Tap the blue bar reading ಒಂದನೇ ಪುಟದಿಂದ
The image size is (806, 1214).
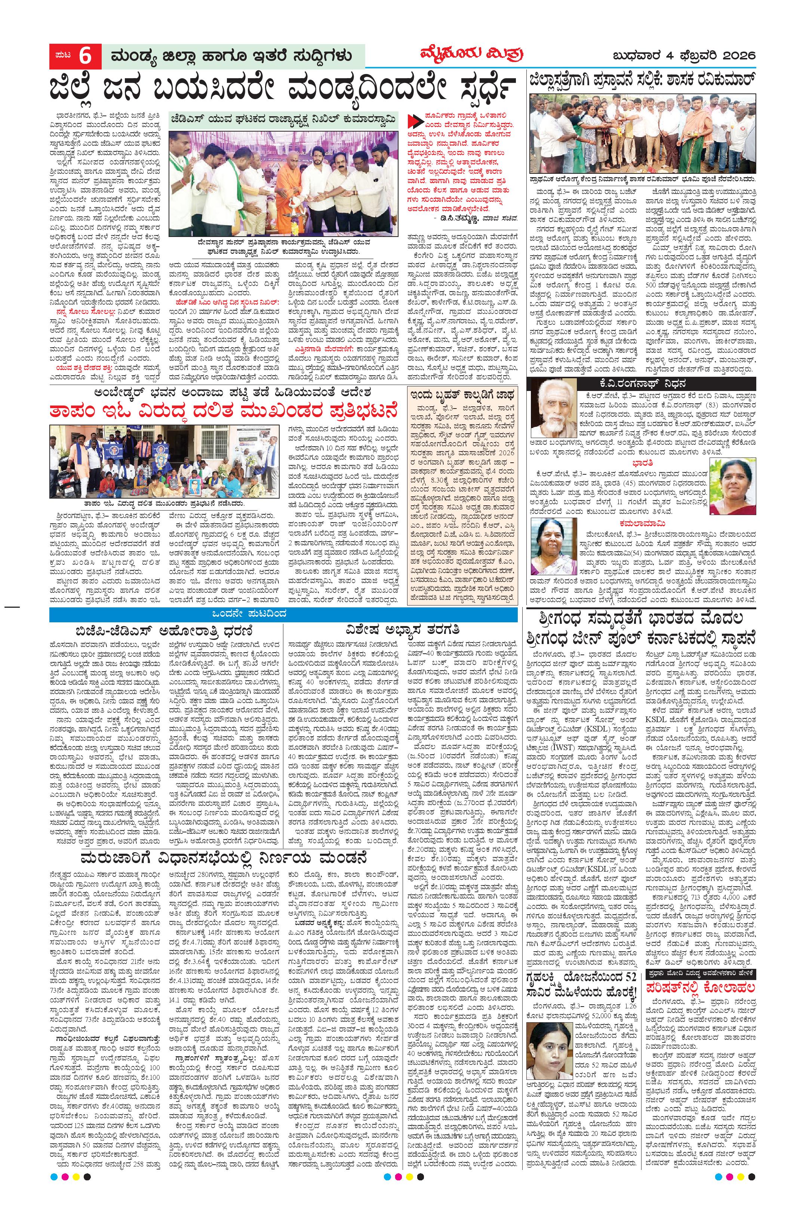(x=283, y=614)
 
